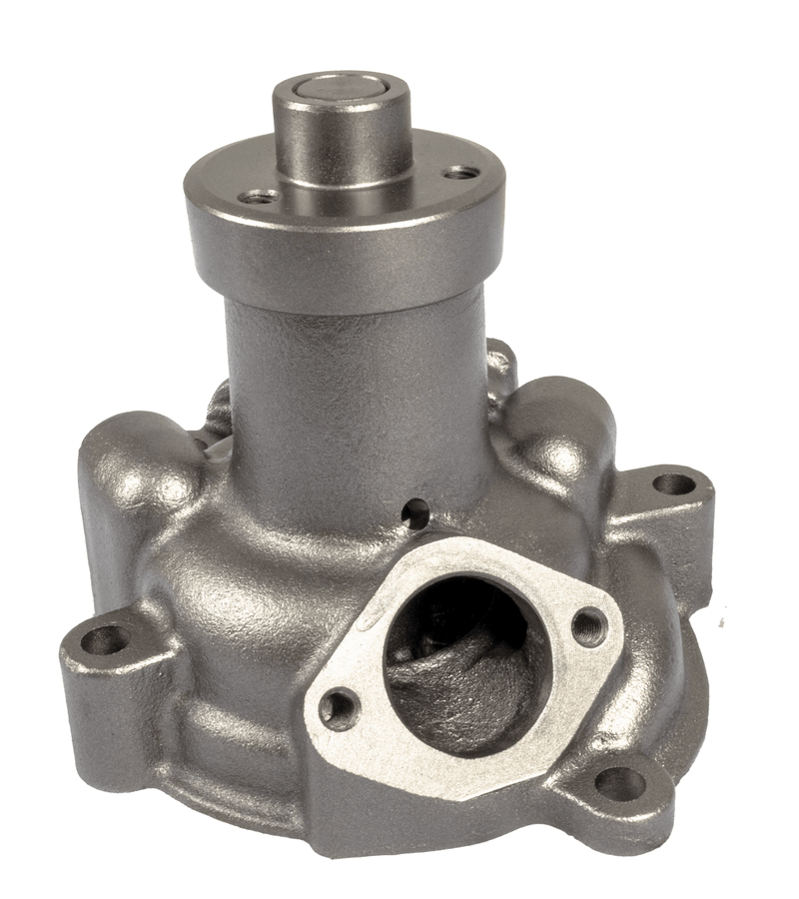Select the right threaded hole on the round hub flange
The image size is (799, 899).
pyautogui.click(x=459, y=172)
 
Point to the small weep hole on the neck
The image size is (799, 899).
pyautogui.click(x=409, y=514)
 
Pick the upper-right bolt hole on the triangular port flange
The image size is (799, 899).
pyautogui.click(x=589, y=625)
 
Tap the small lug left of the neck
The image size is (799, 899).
pyautogui.click(x=217, y=405)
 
